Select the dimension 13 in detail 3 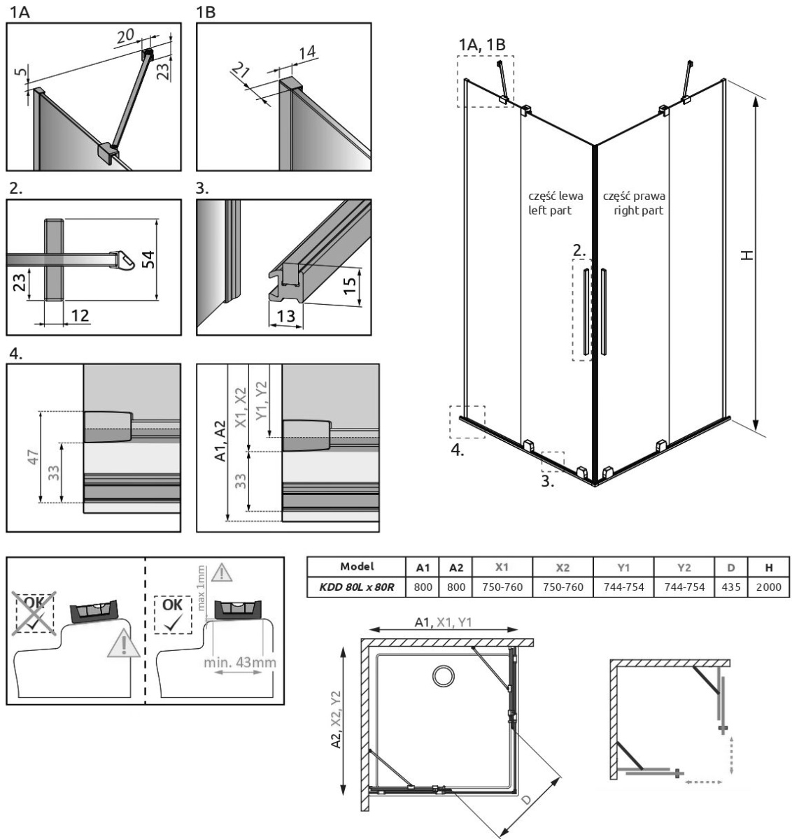pyautogui.click(x=285, y=317)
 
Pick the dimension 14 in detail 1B pyautogui.click(x=306, y=52)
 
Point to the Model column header pyautogui.click(x=357, y=566)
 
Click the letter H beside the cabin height pyautogui.click(x=749, y=257)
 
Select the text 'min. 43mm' pyautogui.click(x=238, y=682)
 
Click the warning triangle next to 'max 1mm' pyautogui.click(x=222, y=573)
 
